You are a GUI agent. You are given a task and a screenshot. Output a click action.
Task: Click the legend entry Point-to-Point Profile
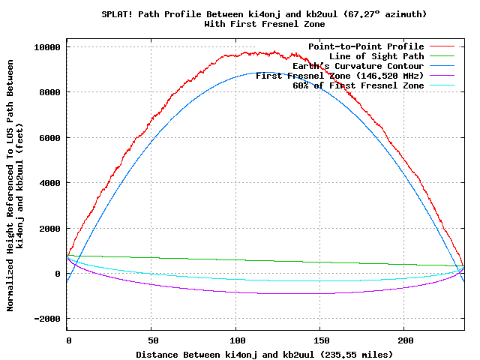coord(366,47)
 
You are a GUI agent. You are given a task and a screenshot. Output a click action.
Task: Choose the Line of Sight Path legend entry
coord(376,57)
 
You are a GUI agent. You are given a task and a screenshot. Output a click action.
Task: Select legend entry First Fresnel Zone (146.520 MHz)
coord(340,76)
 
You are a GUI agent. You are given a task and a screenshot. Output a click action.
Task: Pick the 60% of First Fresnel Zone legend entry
coord(358,86)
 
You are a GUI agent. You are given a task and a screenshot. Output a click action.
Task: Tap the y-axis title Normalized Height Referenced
coord(10,225)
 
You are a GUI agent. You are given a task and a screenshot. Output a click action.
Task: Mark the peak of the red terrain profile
coord(274,52)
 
